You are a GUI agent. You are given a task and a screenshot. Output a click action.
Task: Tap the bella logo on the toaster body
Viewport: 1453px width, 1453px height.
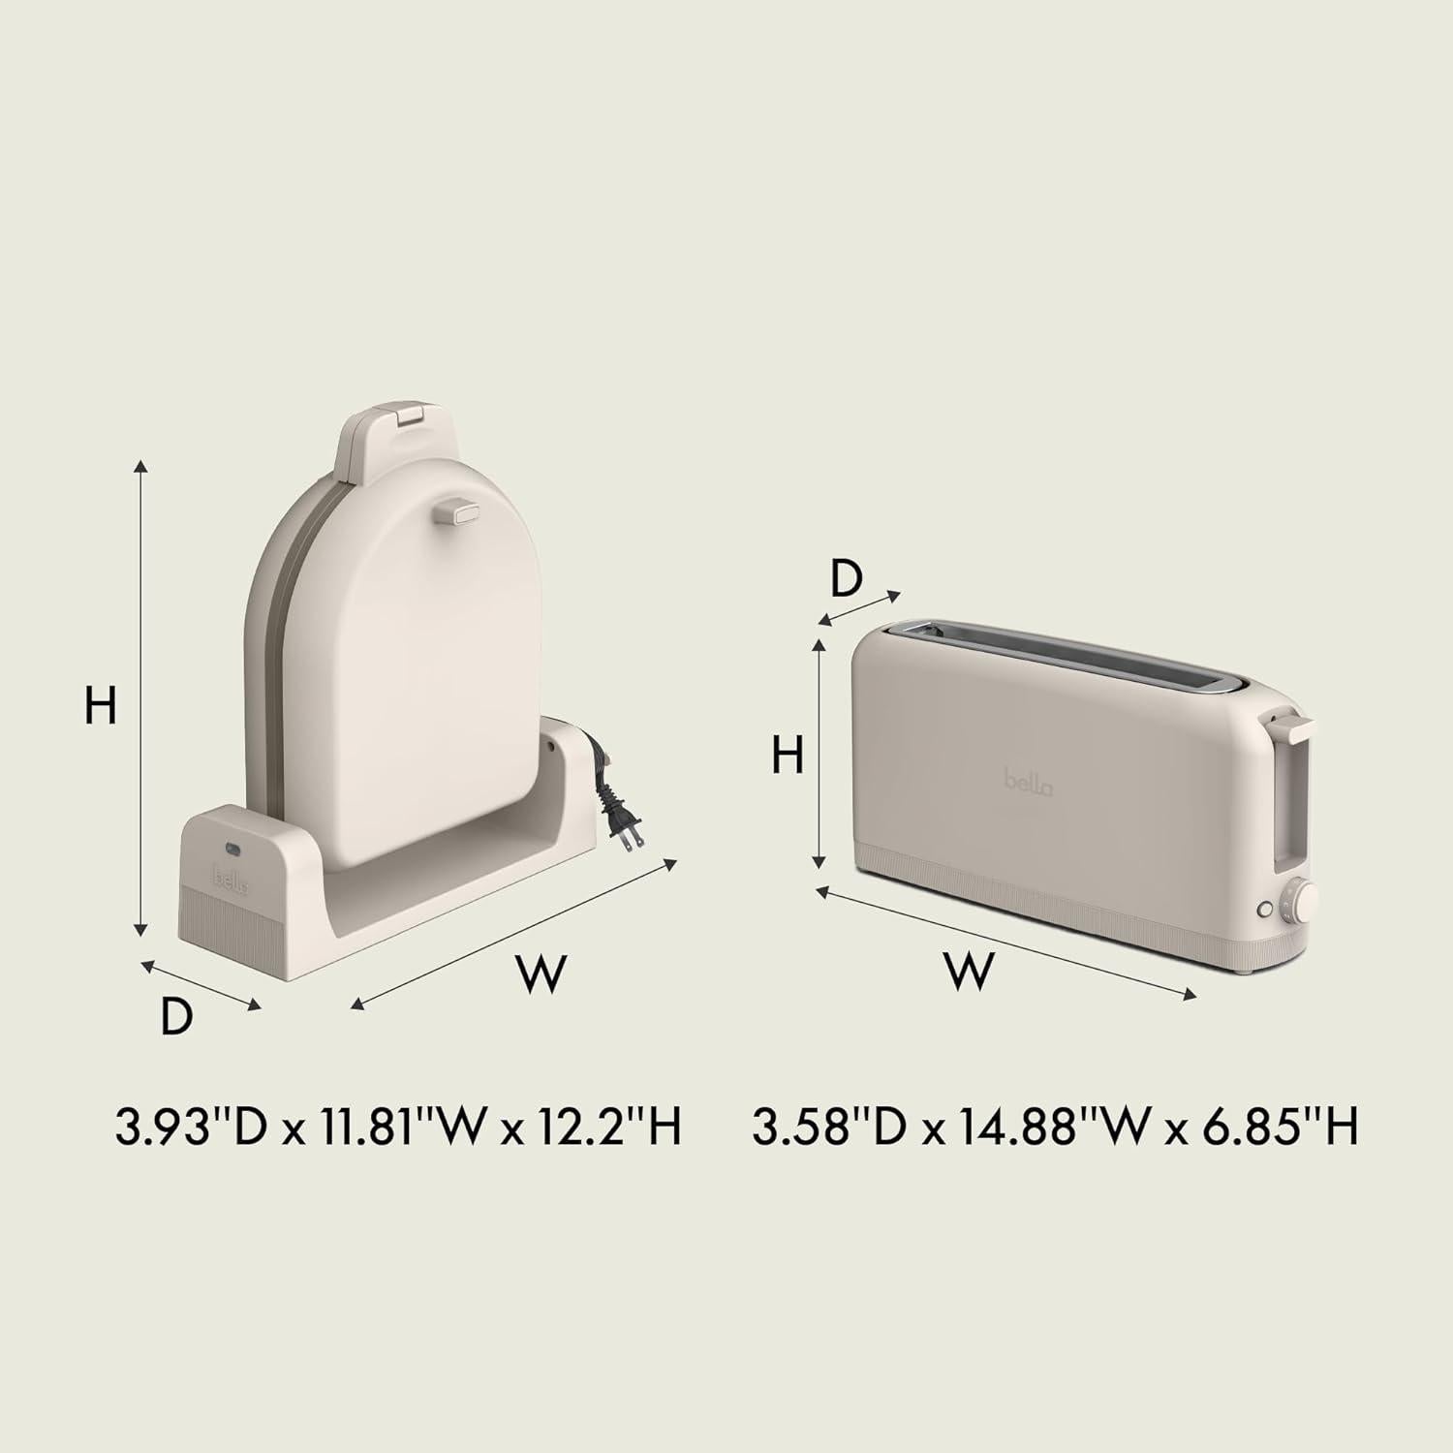1028,782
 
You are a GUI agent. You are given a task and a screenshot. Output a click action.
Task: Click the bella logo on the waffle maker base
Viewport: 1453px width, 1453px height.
231,880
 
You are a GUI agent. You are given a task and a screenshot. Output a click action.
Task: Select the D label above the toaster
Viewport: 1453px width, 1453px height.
846,579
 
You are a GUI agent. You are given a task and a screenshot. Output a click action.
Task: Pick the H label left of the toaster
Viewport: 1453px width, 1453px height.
788,755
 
